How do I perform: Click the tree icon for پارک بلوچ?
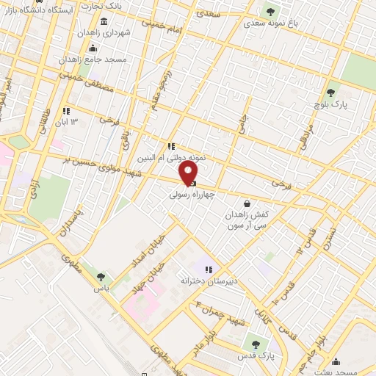point(330,93)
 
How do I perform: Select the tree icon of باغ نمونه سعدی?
point(270,12)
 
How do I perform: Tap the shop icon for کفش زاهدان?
point(247,204)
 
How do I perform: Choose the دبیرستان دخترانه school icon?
point(208,270)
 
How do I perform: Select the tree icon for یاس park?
point(101,277)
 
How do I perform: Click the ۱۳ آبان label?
point(69,122)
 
